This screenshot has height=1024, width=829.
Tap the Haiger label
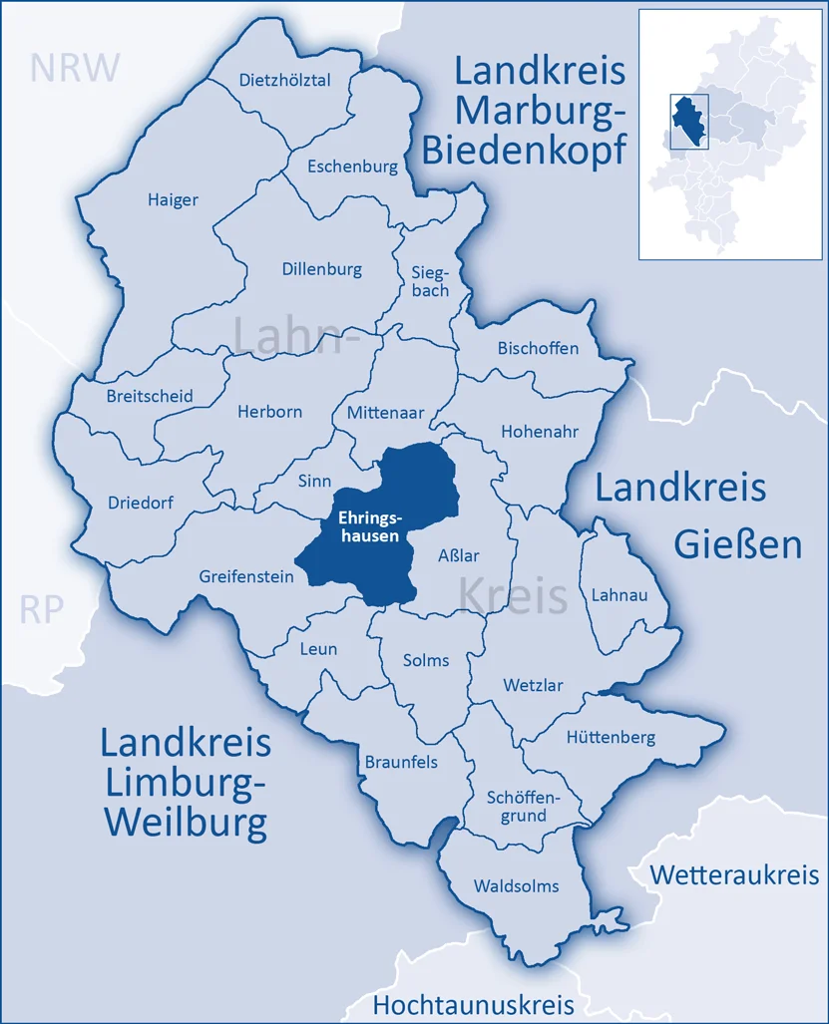(x=173, y=199)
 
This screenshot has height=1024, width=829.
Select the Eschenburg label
(x=352, y=167)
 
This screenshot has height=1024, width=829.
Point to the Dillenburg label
(x=321, y=269)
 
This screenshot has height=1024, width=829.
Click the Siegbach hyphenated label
(x=430, y=281)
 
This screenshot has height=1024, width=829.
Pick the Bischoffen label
(x=538, y=348)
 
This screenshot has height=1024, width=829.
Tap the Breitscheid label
(x=150, y=396)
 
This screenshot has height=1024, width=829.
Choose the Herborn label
(x=269, y=411)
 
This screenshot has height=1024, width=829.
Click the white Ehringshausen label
(x=369, y=526)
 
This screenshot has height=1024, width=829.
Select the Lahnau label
(x=620, y=594)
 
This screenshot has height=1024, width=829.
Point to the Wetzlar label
(x=533, y=686)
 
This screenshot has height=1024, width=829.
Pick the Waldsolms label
(x=516, y=885)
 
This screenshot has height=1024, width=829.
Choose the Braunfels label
(x=400, y=762)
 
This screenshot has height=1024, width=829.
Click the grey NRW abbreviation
(x=75, y=68)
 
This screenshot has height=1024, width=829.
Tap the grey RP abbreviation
(x=42, y=609)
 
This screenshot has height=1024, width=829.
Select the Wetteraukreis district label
(x=734, y=875)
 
